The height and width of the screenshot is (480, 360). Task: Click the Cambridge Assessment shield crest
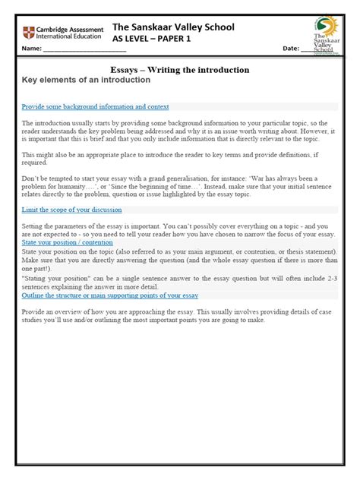(x=30, y=33)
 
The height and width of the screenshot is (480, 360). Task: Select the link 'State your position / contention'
(x=67, y=244)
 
